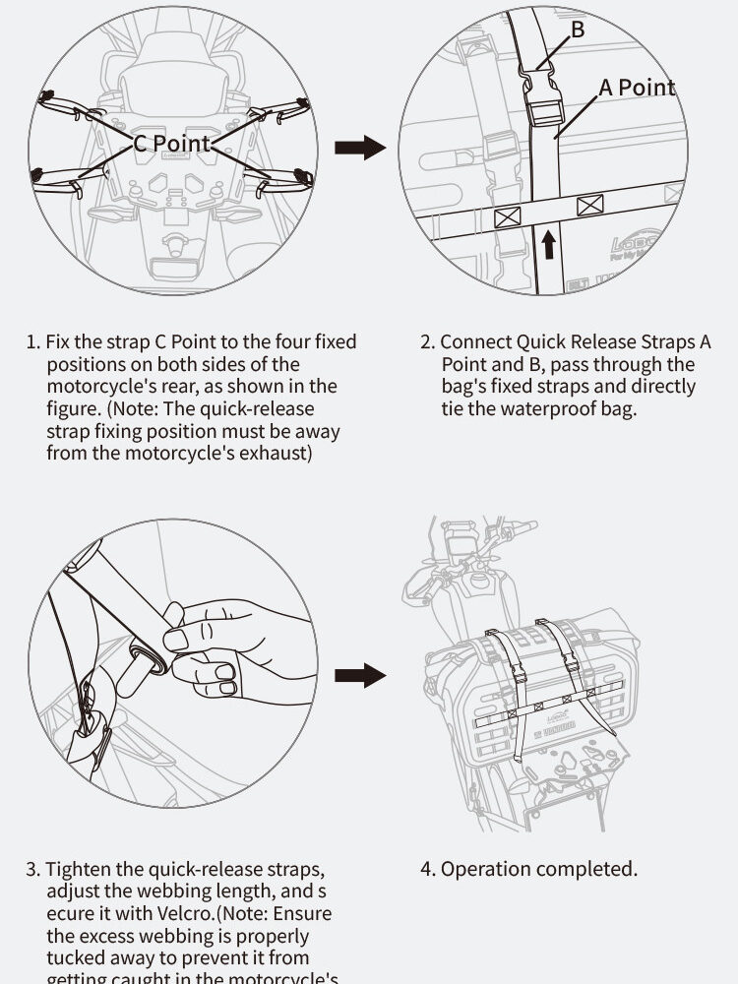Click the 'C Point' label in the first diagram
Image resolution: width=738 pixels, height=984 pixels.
(172, 144)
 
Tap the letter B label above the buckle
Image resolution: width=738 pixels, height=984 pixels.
(578, 30)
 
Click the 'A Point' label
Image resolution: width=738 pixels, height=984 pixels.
(637, 88)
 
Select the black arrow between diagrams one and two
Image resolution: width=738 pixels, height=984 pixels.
(359, 149)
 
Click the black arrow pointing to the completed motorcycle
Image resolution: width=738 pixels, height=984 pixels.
(359, 675)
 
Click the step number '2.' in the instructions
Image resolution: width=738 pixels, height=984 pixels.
(427, 342)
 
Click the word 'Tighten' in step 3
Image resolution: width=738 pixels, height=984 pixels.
(80, 870)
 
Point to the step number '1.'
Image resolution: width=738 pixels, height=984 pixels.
(32, 342)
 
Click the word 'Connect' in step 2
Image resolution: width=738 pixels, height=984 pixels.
(476, 342)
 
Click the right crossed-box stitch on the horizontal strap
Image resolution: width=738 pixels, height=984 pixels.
(589, 206)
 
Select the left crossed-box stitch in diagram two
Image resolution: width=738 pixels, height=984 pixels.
(507, 216)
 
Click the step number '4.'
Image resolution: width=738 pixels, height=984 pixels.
(428, 869)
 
